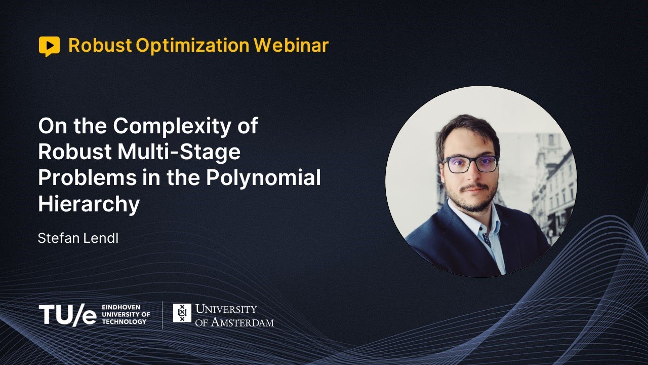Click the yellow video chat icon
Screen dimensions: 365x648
click(x=49, y=46)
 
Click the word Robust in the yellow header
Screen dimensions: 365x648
click(x=100, y=46)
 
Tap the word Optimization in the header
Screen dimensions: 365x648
click(x=192, y=46)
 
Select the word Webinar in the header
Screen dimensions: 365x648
click(x=291, y=46)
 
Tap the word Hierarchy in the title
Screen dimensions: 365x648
click(x=89, y=204)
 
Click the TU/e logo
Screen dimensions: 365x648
click(x=67, y=315)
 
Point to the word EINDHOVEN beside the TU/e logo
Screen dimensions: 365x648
click(x=121, y=308)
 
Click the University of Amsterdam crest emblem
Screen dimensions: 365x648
click(x=182, y=313)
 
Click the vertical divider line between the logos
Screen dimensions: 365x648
click(x=162, y=315)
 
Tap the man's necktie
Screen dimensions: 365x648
click(x=487, y=238)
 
